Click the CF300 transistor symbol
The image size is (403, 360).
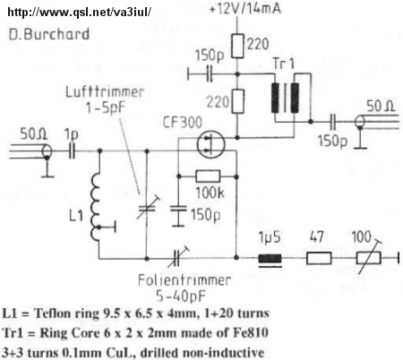[x=210, y=145]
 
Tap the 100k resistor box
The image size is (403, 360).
[x=208, y=176]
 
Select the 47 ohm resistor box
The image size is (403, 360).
[x=319, y=258]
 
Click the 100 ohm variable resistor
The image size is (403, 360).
[x=369, y=257]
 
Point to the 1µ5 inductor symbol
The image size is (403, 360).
[x=270, y=259]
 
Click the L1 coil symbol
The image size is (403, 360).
[x=96, y=207]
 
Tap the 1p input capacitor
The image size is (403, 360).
[x=72, y=151]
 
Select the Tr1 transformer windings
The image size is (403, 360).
[x=285, y=98]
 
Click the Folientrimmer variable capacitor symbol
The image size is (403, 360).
[x=177, y=257]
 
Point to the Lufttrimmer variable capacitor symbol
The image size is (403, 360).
[x=147, y=208]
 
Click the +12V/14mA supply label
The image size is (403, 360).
[x=245, y=8]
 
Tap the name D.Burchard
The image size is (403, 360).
[x=49, y=34]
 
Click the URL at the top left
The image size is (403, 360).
[x=80, y=12]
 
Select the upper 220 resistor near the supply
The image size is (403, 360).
[x=237, y=46]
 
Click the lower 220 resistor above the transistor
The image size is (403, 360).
[x=237, y=101]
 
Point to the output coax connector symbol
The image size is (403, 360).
[x=360, y=122]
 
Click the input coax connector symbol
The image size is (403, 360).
[x=47, y=151]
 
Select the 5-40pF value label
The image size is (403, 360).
[x=181, y=296]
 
